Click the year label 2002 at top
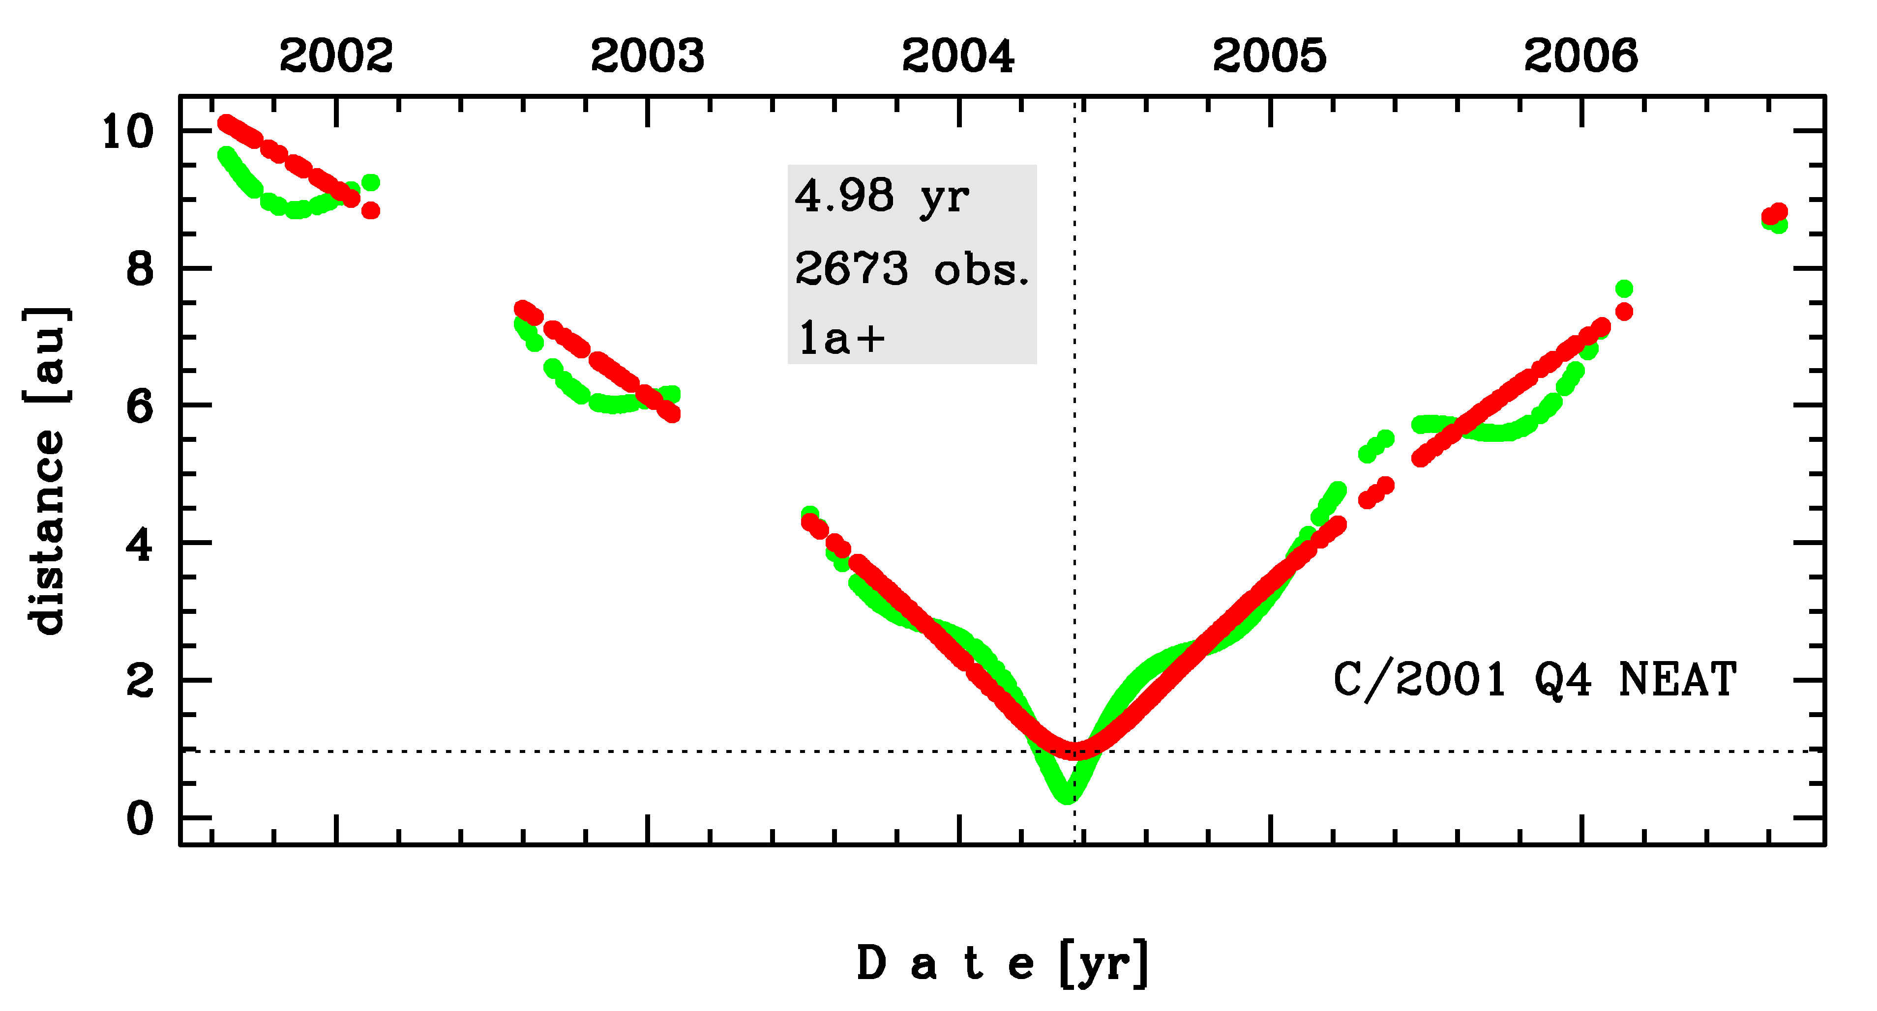coord(336,56)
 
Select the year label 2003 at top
coord(647,56)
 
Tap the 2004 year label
coord(958,56)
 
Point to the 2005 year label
coord(1269,56)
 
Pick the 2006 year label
coord(1580,56)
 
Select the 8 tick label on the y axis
coord(140,269)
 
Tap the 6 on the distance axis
coord(140,406)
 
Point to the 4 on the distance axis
coord(140,544)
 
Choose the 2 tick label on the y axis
coord(140,682)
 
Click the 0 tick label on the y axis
coord(140,819)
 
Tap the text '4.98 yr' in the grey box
coord(882,197)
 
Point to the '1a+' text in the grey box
coord(841,339)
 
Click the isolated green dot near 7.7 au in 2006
coord(1623,289)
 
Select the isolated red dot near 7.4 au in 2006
coord(1623,312)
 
